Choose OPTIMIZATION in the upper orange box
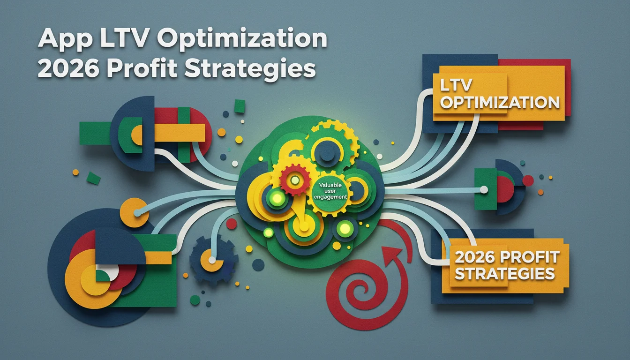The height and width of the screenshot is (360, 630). pos(500,103)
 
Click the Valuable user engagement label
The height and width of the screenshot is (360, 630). pos(330,191)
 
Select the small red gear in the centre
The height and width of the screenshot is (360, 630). pos(294,180)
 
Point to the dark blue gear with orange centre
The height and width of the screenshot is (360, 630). pos(213,259)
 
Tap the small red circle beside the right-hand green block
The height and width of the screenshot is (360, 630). pos(528,180)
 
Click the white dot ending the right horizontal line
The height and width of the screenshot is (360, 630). pos(484,190)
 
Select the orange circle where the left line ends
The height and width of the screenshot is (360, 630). pos(135,213)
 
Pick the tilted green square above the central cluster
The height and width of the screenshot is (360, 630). pos(240,106)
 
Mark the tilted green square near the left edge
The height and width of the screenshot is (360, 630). pos(93,178)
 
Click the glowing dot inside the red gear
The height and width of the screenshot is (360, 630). pos(294,180)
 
